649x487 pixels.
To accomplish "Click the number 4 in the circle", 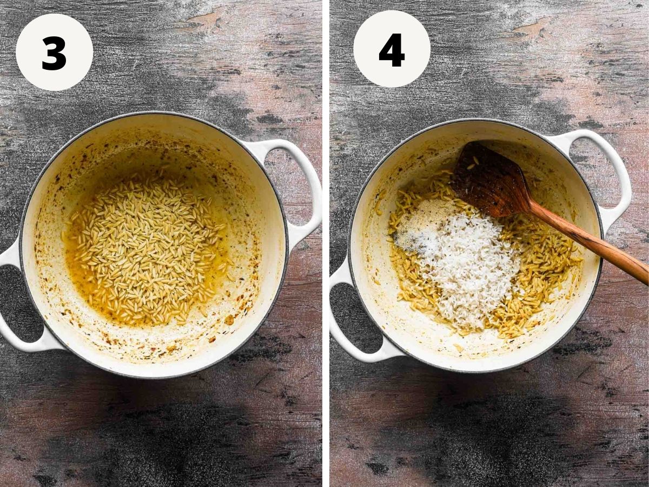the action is tap(392, 50).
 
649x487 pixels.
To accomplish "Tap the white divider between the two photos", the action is tap(326, 243).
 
